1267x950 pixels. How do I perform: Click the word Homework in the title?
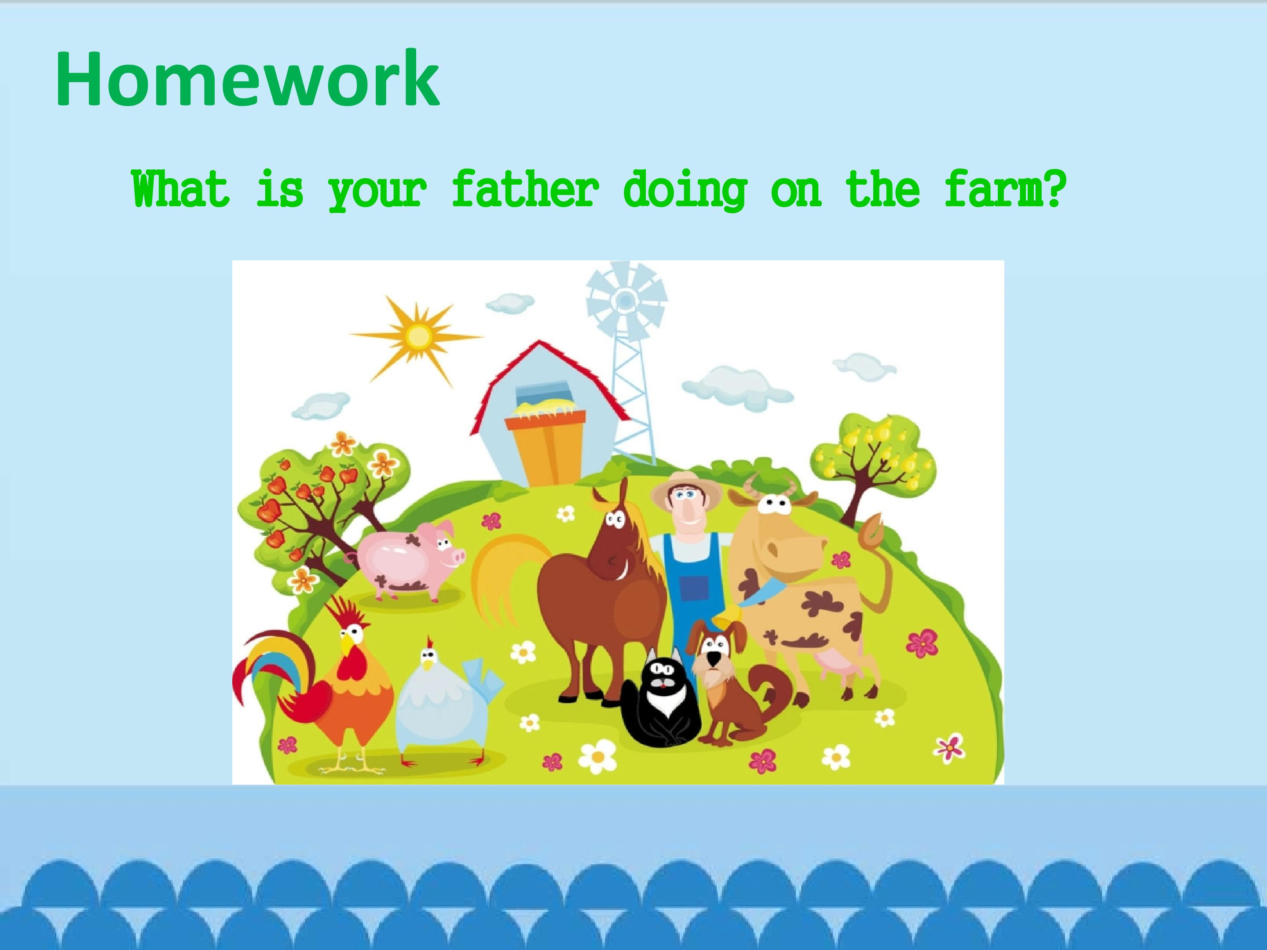click(x=247, y=79)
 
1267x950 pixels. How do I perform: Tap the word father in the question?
click(x=525, y=189)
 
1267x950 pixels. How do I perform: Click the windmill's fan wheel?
click(x=626, y=300)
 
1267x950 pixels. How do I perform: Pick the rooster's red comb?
click(x=347, y=612)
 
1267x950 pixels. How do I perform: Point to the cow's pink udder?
click(x=837, y=665)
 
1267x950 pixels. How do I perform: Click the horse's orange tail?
click(x=504, y=578)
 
